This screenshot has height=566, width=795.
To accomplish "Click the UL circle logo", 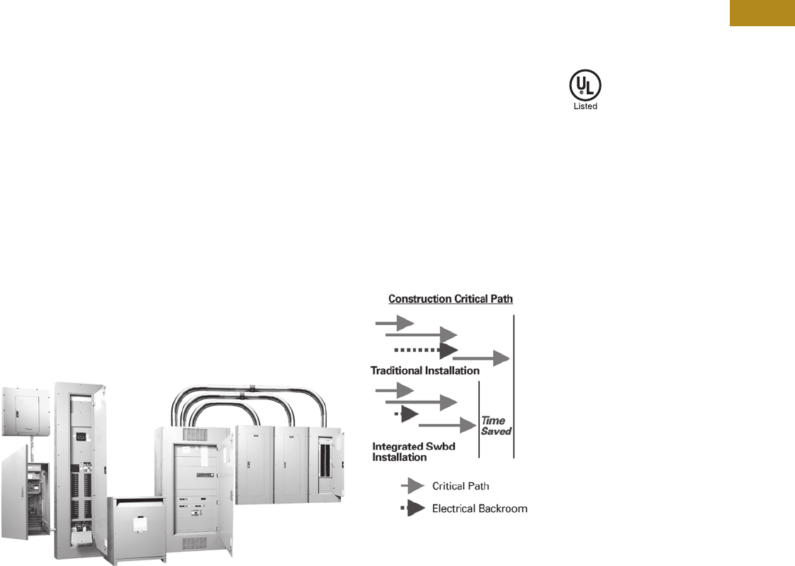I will click(585, 87).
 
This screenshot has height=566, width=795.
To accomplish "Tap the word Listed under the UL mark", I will click(585, 106).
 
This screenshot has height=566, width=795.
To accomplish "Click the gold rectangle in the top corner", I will click(762, 13).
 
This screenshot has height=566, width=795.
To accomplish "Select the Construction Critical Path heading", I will click(450, 299).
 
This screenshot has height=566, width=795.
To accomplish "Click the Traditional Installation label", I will click(424, 370).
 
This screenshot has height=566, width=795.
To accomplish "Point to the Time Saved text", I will click(496, 426).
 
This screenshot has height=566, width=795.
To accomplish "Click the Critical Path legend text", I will click(460, 486).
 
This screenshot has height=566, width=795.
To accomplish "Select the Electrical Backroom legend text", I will click(479, 509).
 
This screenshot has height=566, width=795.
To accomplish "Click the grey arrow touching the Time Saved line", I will click(446, 426).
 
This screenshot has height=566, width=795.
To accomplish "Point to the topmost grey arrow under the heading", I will click(394, 323).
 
